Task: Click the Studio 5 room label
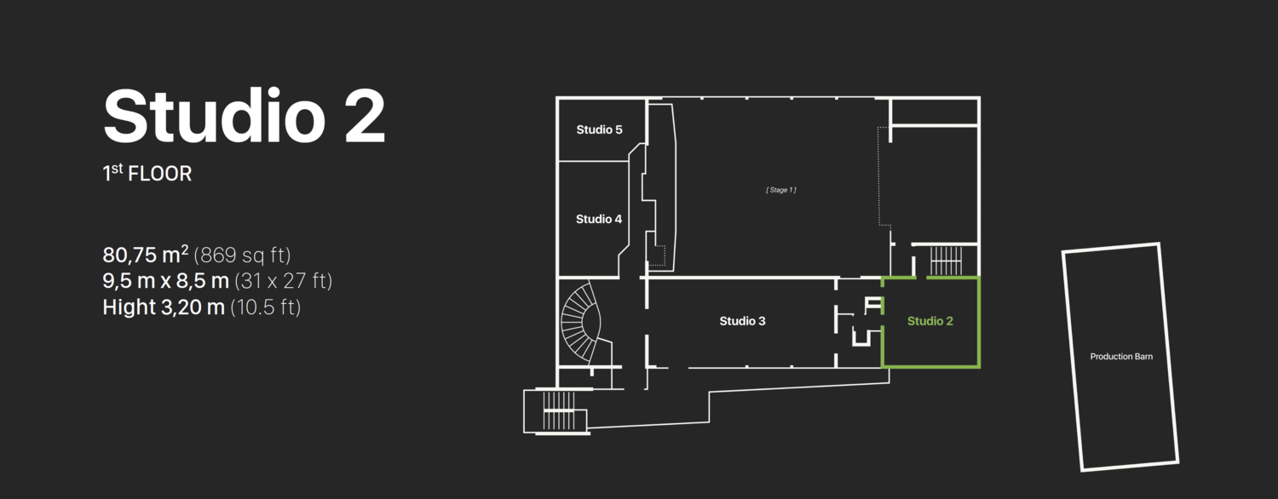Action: pos(599,129)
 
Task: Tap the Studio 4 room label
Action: pos(598,219)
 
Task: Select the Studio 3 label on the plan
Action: pos(742,321)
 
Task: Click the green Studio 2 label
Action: pos(930,321)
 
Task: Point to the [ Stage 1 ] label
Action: pos(781,190)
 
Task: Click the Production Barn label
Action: pos(1121,357)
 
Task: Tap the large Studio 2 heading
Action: pos(245,116)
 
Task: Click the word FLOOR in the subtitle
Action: pos(160,174)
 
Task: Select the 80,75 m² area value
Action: pos(146,255)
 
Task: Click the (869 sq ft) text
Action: pos(243,255)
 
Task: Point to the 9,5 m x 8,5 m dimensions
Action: pos(165,280)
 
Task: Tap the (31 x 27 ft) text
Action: pos(284,280)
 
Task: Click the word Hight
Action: pos(129,307)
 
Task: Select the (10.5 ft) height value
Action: pos(265,307)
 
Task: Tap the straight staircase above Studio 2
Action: pos(946,261)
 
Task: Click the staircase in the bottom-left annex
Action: pos(559,410)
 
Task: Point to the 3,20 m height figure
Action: pos(193,307)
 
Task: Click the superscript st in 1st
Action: pos(117,169)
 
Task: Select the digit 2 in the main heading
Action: pos(366,116)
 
